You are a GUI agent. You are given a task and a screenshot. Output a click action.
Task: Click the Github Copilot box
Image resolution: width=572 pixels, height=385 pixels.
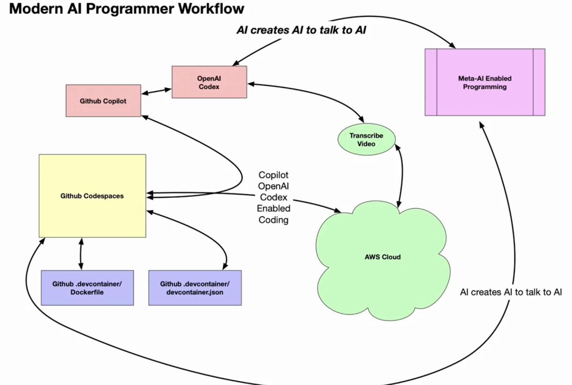pyautogui.click(x=103, y=101)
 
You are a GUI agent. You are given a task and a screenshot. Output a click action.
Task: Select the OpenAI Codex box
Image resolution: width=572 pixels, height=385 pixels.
pyautogui.click(x=209, y=82)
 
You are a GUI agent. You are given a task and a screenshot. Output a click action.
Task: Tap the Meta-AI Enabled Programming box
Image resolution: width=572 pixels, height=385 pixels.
pyautogui.click(x=485, y=82)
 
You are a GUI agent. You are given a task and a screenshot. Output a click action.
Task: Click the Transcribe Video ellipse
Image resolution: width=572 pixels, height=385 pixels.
pyautogui.click(x=367, y=139)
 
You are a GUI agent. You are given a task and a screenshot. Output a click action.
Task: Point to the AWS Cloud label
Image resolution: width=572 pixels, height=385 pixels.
pyautogui.click(x=383, y=257)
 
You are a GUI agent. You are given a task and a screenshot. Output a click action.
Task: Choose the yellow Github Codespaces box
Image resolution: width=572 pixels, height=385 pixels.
pyautogui.click(x=92, y=196)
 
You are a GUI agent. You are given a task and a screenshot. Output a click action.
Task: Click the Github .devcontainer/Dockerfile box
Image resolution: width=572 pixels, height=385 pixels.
pyautogui.click(x=87, y=288)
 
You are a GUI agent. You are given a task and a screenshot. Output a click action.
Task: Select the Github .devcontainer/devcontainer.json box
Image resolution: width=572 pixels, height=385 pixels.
pyautogui.click(x=195, y=288)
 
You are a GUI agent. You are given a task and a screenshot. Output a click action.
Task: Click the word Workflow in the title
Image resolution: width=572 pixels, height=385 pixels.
pyautogui.click(x=211, y=8)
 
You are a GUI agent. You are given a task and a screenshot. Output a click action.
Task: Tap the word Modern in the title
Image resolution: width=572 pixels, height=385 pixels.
pyautogui.click(x=36, y=8)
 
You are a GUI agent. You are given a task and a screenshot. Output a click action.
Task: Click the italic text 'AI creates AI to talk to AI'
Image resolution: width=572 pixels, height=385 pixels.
pyautogui.click(x=301, y=30)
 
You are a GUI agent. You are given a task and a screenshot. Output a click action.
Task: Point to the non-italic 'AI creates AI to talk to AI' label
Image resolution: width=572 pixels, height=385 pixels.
pyautogui.click(x=511, y=292)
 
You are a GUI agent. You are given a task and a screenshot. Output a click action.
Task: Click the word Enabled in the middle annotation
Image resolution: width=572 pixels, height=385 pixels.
pyautogui.click(x=274, y=209)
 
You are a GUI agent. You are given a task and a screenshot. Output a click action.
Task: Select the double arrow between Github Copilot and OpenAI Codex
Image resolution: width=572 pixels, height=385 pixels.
pyautogui.click(x=156, y=91)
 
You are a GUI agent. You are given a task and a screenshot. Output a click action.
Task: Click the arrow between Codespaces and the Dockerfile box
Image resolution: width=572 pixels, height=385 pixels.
pyautogui.click(x=81, y=254)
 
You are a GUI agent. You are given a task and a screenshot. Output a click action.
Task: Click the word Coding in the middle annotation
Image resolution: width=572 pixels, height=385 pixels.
pyautogui.click(x=274, y=220)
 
